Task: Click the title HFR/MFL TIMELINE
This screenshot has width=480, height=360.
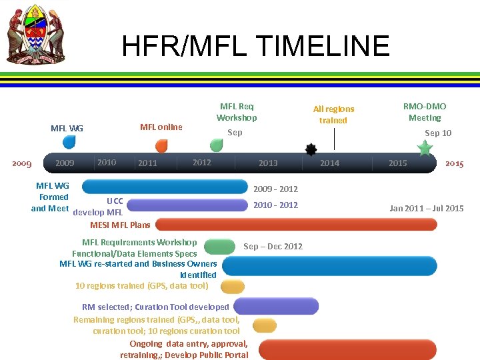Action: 255,46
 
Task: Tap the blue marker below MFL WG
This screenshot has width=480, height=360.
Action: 69,142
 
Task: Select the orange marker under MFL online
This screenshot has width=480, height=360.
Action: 161,146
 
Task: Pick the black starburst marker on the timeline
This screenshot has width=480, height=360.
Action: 311,149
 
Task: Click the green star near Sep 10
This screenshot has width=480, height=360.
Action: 424,148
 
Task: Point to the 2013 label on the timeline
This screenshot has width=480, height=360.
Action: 268,163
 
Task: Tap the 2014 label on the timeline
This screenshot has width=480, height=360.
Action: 329,163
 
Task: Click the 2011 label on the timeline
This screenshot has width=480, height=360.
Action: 147,163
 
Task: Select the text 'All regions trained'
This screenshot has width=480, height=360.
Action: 333,114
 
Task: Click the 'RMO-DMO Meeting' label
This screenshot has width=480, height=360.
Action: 425,111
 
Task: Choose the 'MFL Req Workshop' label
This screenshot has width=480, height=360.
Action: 237,111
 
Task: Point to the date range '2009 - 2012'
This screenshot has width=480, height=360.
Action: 275,189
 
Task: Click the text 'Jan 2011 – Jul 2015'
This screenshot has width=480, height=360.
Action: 427,209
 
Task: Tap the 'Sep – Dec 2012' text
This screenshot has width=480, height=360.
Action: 273,246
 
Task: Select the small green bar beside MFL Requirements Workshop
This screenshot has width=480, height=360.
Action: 219,247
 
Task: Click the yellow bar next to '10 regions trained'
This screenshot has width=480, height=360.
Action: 233,287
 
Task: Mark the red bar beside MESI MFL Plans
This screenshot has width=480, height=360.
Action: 296,224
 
